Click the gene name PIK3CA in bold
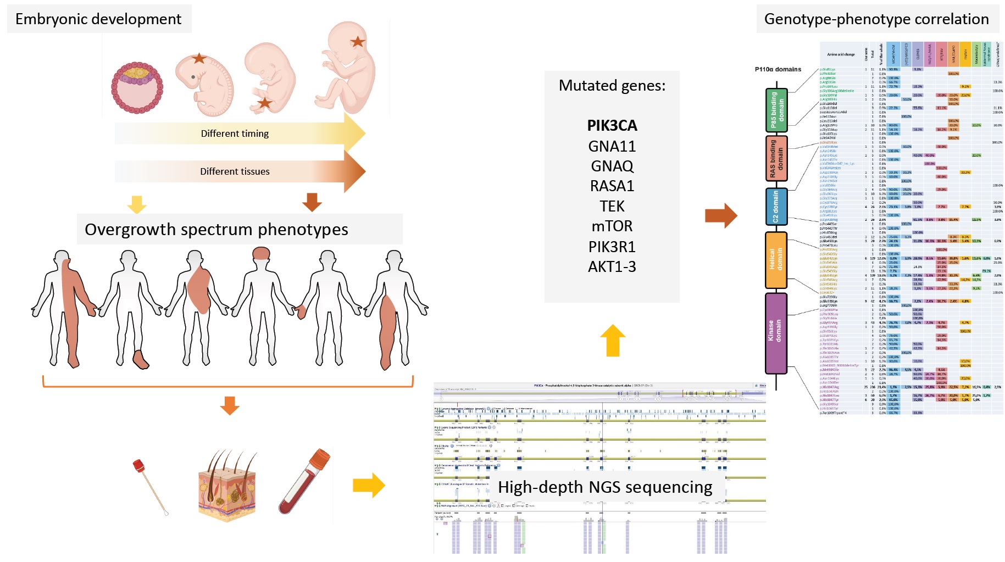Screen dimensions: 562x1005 612,126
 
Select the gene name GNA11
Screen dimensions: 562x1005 612,146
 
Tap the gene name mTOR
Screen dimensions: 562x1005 612,226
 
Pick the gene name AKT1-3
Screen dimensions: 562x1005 612,266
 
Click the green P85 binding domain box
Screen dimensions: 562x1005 776,110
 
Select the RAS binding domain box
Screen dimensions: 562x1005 776,159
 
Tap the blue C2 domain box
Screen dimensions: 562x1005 776,207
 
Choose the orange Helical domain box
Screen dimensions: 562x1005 776,260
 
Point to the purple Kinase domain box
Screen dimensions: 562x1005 776,333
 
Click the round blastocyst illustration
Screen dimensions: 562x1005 137,87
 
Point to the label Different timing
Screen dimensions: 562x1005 235,133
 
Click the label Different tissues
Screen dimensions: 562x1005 235,171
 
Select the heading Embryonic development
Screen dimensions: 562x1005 98,19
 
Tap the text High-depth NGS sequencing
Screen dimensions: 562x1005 605,487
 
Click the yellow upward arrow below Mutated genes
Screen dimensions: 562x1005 613,340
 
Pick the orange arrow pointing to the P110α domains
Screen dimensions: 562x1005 720,215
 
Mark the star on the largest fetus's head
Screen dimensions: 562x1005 358,41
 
